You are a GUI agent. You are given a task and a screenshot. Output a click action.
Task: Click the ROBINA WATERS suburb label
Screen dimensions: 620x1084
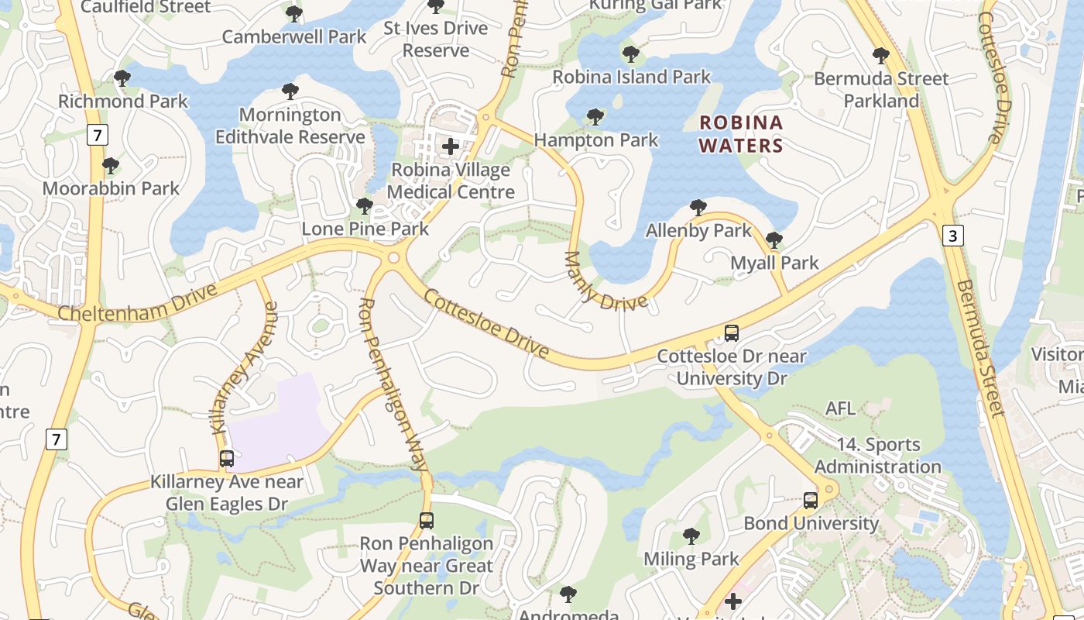741,134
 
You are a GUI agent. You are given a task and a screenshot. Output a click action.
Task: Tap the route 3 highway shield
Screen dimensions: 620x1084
953,236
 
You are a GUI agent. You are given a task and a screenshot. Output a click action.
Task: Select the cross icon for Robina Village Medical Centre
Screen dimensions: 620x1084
451,146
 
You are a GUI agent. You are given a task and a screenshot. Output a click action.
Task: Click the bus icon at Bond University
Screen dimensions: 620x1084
811,501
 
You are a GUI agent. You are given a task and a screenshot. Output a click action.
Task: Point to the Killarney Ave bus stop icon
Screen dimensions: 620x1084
227,459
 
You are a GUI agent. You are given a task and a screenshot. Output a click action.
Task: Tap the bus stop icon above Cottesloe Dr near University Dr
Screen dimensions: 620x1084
732,333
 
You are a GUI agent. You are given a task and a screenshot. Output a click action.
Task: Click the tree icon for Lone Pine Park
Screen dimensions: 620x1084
364,206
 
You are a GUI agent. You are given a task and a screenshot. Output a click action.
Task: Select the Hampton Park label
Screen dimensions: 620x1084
596,140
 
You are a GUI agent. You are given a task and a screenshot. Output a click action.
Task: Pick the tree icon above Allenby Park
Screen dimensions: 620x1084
698,208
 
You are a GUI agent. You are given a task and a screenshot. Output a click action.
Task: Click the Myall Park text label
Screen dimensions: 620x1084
774,263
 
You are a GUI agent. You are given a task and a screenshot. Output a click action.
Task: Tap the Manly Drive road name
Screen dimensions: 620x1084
604,284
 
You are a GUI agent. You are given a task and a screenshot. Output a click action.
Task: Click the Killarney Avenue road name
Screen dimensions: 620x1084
245,367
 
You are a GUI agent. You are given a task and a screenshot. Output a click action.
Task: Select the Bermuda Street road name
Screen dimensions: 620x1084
979,348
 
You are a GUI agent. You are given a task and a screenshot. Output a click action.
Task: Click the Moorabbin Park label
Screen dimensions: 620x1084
111,188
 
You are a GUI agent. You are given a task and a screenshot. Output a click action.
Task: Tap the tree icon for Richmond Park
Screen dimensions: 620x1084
122,78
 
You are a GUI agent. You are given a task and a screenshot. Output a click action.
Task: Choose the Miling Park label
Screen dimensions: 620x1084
691,559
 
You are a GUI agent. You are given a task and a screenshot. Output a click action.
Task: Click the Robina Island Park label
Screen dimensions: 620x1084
631,77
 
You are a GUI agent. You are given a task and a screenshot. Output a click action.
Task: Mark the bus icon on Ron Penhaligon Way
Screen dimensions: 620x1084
426,521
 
